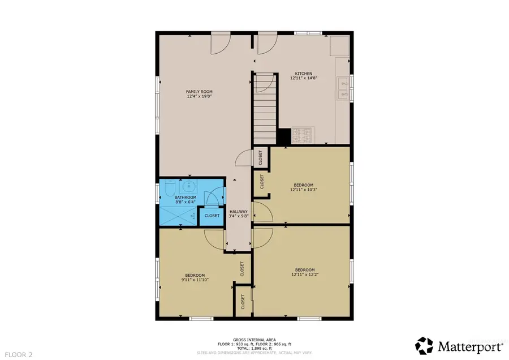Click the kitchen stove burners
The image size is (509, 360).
(x=302, y=136)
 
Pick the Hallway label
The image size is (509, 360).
(x=238, y=211)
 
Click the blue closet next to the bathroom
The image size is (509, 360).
(x=212, y=216)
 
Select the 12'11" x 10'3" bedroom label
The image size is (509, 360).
(x=303, y=187)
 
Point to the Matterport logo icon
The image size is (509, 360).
(x=425, y=345)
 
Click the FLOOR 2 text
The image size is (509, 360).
(x=17, y=355)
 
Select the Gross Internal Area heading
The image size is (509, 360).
(x=254, y=339)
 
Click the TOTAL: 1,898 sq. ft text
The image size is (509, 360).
(x=254, y=348)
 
